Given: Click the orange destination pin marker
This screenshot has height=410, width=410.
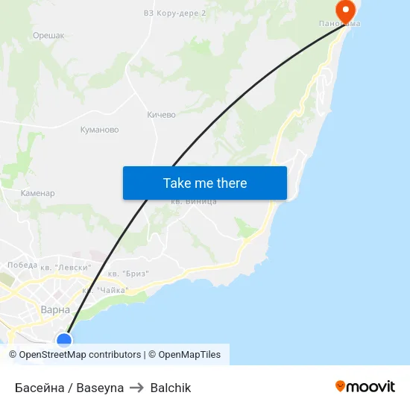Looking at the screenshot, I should pos(345,10).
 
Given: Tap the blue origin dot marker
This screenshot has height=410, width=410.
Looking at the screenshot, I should pos(64,341).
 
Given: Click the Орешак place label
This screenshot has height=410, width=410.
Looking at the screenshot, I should pos(48,35).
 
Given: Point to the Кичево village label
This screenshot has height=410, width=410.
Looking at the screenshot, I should pos(161,115).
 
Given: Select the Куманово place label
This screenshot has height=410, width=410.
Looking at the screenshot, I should pos(99,130).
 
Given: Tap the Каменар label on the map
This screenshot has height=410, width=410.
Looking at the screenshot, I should pos(37,193).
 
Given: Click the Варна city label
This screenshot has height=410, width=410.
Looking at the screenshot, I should pos(55,309).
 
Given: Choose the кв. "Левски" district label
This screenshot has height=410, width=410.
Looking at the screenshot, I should pos(66,266).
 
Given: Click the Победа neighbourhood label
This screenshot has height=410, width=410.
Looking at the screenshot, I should pos(22,265).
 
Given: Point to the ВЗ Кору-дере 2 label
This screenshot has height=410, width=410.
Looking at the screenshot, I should pos(174,13).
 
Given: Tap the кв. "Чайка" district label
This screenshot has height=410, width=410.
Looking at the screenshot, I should pos(105,290).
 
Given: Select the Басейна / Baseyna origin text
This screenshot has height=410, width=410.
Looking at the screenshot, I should pos(69,388).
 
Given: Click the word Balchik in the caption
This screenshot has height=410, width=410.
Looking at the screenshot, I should pos(171,388).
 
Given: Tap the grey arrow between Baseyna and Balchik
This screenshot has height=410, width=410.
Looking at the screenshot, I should pos(137,388).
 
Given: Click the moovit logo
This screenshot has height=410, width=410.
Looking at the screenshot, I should pos(365,386).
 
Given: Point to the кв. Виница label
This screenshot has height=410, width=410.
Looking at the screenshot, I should pos(193,202).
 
